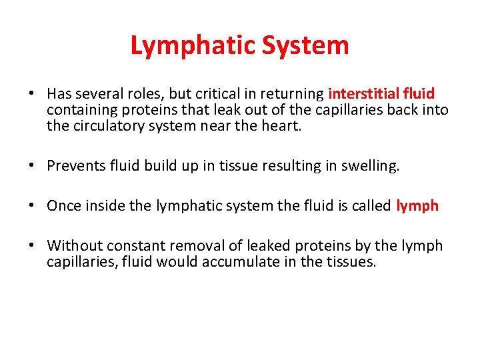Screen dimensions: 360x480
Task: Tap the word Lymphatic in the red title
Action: pyautogui.click(x=192, y=46)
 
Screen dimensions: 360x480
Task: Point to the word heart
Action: pyautogui.click(x=280, y=125)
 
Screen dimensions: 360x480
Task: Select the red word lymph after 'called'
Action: pyautogui.click(x=417, y=205)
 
